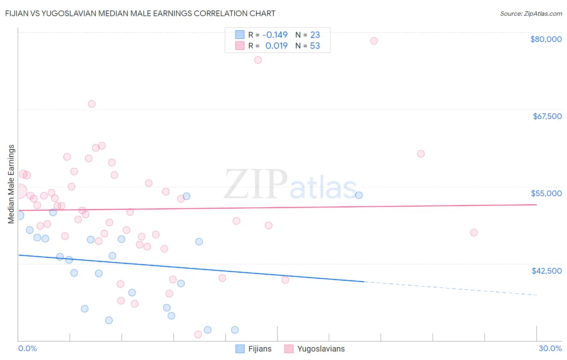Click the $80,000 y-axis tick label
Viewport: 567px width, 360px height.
[x=546, y=39]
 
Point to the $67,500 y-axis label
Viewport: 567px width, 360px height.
[x=547, y=116]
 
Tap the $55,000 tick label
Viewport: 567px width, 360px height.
[x=546, y=193]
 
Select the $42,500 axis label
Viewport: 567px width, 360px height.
[x=546, y=271]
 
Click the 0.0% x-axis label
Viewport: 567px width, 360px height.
[x=28, y=349]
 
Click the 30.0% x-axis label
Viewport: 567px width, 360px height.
[x=550, y=349]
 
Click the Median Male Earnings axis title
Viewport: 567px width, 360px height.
[x=11, y=184]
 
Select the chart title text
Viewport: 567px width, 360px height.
[x=140, y=13]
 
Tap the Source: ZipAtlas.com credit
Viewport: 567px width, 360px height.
[x=531, y=14]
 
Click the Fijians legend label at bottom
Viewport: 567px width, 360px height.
[x=260, y=349]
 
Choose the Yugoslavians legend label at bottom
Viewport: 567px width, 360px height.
[x=321, y=349]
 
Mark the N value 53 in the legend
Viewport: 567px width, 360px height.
[x=315, y=46]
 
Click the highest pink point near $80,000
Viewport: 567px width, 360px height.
[x=374, y=41]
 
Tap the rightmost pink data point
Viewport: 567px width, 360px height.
[x=474, y=232]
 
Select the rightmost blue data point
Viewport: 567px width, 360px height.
[x=359, y=195]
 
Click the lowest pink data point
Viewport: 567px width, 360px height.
[x=198, y=335]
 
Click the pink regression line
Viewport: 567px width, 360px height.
[x=282, y=207]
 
